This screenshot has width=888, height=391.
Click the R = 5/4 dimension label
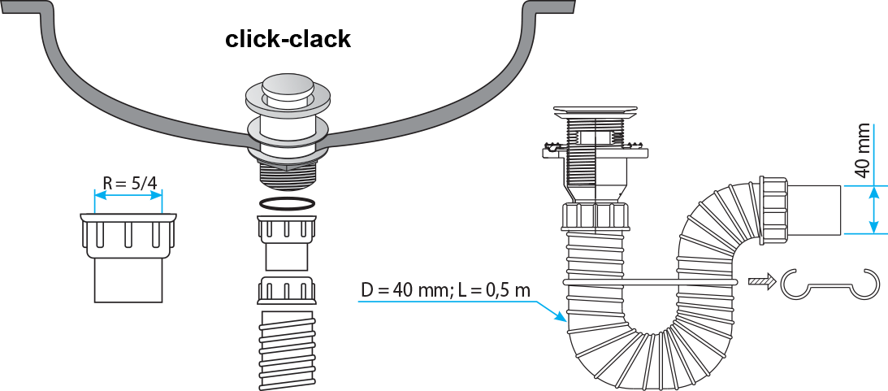click(x=128, y=183)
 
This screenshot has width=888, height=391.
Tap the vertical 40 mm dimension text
click(x=863, y=152)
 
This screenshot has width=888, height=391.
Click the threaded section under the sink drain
click(x=286, y=175)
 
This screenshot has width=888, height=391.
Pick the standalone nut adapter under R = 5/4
click(x=128, y=236)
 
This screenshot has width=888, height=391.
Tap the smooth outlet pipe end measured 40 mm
click(x=814, y=210)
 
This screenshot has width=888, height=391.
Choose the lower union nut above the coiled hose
click(x=286, y=289)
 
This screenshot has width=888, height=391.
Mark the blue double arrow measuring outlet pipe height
click(x=873, y=210)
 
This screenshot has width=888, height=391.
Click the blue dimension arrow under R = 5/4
click(x=128, y=195)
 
